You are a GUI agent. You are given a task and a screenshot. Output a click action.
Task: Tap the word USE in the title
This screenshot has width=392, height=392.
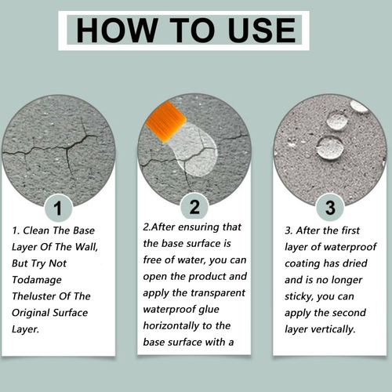pos(262,31)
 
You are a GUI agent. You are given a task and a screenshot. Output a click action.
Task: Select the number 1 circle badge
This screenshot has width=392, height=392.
pos(58,209)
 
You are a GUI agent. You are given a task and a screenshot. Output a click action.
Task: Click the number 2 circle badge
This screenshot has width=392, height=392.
pos(194,207)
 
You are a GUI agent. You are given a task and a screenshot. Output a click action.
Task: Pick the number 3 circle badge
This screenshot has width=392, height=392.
pos(330,208)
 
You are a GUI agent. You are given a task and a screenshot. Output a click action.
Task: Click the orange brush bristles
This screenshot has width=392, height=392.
pos(165,122)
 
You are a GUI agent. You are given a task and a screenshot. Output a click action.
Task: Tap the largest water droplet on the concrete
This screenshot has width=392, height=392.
pos(330,148)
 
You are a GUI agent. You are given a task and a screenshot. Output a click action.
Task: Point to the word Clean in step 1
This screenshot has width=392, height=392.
pos(36,230)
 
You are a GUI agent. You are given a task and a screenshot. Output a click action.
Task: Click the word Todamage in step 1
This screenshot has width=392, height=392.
pos(37,280)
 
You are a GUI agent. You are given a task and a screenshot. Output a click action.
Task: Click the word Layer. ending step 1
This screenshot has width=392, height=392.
pos(25,329)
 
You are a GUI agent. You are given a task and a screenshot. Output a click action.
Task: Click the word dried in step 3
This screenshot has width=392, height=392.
pos(356,263)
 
